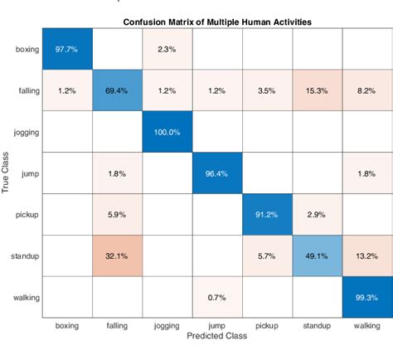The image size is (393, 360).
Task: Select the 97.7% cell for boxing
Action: coord(66,49)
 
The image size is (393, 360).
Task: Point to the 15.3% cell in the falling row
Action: coord(316,90)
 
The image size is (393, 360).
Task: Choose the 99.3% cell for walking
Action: coord(365,298)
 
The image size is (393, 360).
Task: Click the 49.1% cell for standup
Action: coord(316,256)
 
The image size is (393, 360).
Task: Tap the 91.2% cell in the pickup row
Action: coord(266,215)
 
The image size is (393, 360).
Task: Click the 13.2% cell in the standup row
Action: coord(365,256)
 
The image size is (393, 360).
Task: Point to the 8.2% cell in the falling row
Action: coord(365,90)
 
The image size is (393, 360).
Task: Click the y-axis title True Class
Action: coord(7,173)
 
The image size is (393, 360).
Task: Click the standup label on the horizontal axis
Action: coord(316,326)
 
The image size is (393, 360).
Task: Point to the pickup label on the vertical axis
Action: coord(27,215)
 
